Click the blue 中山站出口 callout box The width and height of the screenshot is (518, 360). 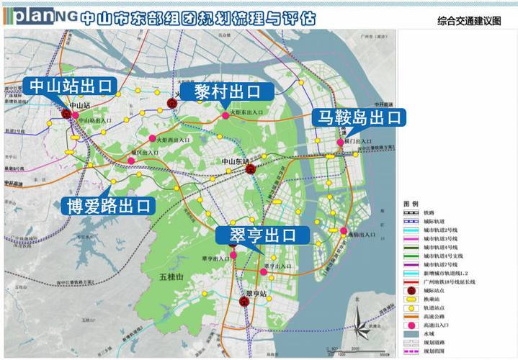click(x=71, y=86)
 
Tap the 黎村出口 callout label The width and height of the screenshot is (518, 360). click(x=227, y=92)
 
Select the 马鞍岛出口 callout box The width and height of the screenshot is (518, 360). click(x=359, y=117)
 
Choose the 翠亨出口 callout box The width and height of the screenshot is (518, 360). click(x=263, y=235)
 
